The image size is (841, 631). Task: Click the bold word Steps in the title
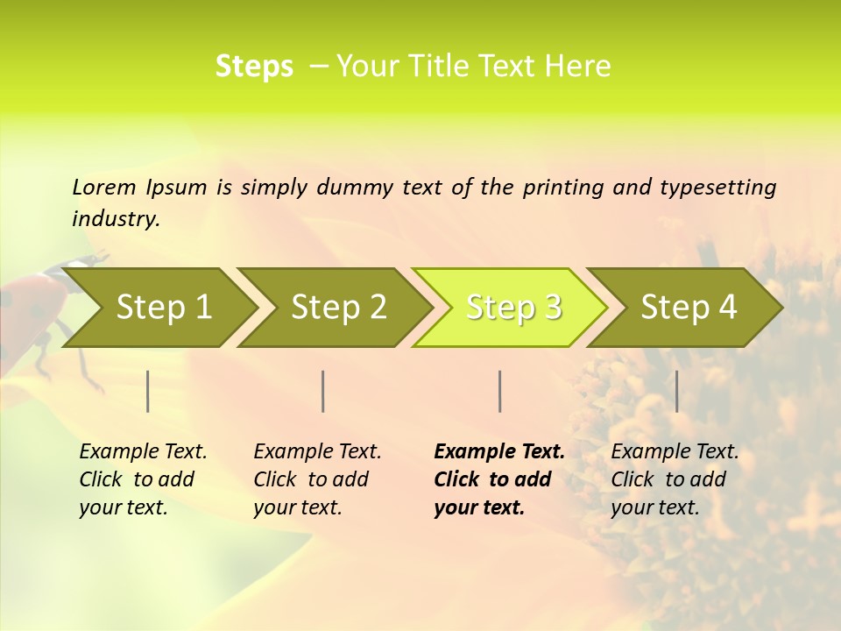254,67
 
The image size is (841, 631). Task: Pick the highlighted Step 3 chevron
513,307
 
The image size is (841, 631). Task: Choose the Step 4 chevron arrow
689,307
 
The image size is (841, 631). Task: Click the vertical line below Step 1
148,391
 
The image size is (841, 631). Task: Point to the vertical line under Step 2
323,391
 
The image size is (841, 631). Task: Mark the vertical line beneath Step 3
499,391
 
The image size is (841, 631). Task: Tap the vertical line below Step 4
676,391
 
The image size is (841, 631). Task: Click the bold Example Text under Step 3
499,452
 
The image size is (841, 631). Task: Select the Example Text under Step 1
143,452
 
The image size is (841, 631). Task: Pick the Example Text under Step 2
317,452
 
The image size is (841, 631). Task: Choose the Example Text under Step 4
675,452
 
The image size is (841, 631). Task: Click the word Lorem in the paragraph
104,187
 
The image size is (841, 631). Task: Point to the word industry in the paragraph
115,218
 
